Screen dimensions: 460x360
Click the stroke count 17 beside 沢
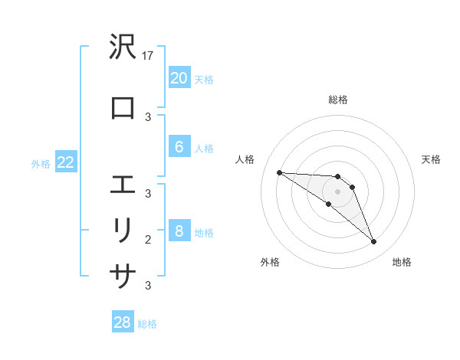coord(149,56)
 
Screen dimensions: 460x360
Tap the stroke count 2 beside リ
coord(149,239)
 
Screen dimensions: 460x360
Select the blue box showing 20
coord(179,77)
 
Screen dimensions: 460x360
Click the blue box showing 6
coord(179,147)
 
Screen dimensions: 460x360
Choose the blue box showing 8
coord(179,231)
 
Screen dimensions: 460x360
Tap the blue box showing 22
coord(65,162)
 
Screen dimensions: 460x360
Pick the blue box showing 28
coord(122,322)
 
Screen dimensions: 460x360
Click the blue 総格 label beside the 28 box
coord(147,324)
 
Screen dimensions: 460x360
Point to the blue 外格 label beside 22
coord(41,163)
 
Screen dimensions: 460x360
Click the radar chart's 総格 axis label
coord(337,100)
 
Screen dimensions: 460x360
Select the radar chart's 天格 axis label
coord(431,159)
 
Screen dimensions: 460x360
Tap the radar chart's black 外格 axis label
coord(270,262)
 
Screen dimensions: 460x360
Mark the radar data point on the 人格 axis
coord(279,172)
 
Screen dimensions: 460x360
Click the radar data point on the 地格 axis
coord(373,242)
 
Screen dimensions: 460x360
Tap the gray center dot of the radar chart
coord(337,191)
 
